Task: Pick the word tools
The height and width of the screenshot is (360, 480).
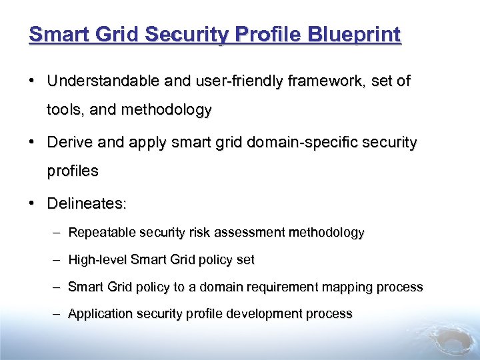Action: pos(65,109)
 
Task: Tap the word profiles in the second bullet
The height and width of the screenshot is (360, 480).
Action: pos(73,171)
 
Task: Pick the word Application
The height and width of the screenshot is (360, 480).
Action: pos(100,314)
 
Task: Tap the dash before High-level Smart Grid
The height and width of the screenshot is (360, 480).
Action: pos(57,260)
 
